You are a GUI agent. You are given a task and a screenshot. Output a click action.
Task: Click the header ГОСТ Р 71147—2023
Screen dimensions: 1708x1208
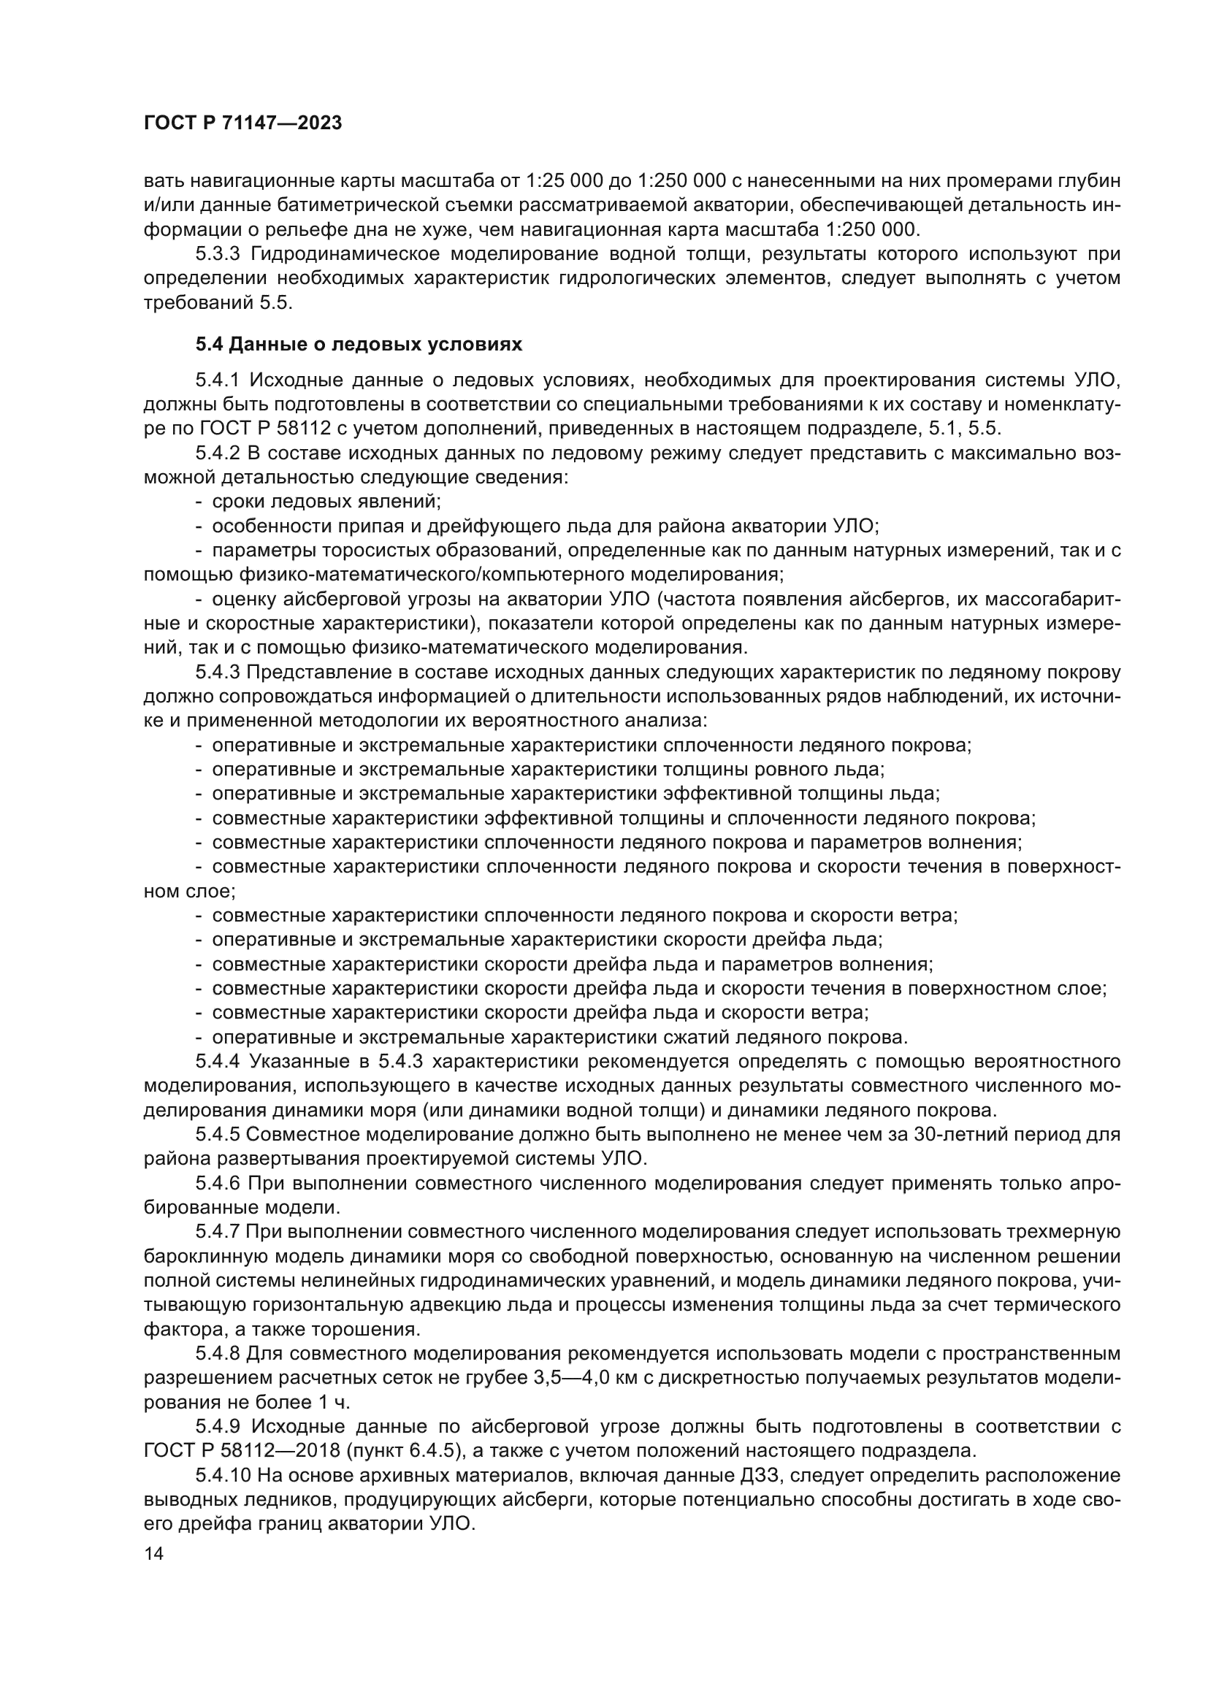pyautogui.click(x=242, y=123)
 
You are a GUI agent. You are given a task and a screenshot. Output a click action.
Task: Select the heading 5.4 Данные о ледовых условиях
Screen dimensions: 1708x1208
pyautogui.click(x=359, y=345)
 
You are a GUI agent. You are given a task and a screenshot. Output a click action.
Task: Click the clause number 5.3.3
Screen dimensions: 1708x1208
pyautogui.click(x=218, y=254)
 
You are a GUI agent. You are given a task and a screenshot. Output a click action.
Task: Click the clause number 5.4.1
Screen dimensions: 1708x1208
pyautogui.click(x=218, y=380)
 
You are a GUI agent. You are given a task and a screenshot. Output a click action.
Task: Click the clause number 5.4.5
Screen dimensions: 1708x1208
pyautogui.click(x=218, y=1135)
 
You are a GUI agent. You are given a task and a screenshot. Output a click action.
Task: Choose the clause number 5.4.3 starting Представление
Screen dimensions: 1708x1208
pyautogui.click(x=218, y=673)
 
